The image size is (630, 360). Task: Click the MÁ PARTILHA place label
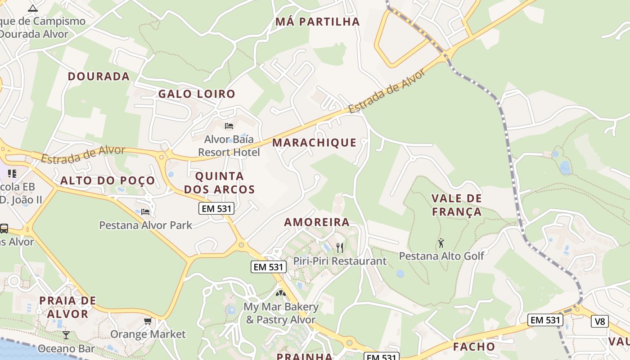pyautogui.click(x=318, y=22)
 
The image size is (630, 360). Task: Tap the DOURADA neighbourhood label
pyautogui.click(x=99, y=76)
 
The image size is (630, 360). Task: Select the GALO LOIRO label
pyautogui.click(x=197, y=94)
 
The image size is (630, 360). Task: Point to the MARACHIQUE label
pyautogui.click(x=314, y=143)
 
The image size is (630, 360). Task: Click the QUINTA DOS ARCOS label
pyautogui.click(x=219, y=183)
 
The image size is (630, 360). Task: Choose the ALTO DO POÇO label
pyautogui.click(x=108, y=181)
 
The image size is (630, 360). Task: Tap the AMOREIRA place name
pyautogui.click(x=317, y=222)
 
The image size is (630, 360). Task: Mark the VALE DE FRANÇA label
pyautogui.click(x=456, y=205)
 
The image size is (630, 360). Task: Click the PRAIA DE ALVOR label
pyautogui.click(x=67, y=307)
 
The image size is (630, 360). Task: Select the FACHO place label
pyautogui.click(x=474, y=347)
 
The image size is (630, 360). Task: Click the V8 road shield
pyautogui.click(x=600, y=321)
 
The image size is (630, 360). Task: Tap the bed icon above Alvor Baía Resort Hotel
pyautogui.click(x=229, y=126)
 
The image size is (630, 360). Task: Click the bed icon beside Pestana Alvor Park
pyautogui.click(x=145, y=211)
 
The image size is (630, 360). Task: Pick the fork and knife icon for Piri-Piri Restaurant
pyautogui.click(x=340, y=247)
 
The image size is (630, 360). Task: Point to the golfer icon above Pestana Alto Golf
pyautogui.click(x=441, y=243)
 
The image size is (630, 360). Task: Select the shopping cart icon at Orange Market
pyautogui.click(x=148, y=321)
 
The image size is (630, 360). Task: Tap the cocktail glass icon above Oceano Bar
pyautogui.click(x=66, y=335)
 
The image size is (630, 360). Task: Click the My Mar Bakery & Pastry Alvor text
pyautogui.click(x=281, y=313)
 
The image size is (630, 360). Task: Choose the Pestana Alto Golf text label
pyautogui.click(x=441, y=256)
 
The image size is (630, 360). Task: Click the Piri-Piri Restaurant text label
pyautogui.click(x=340, y=261)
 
